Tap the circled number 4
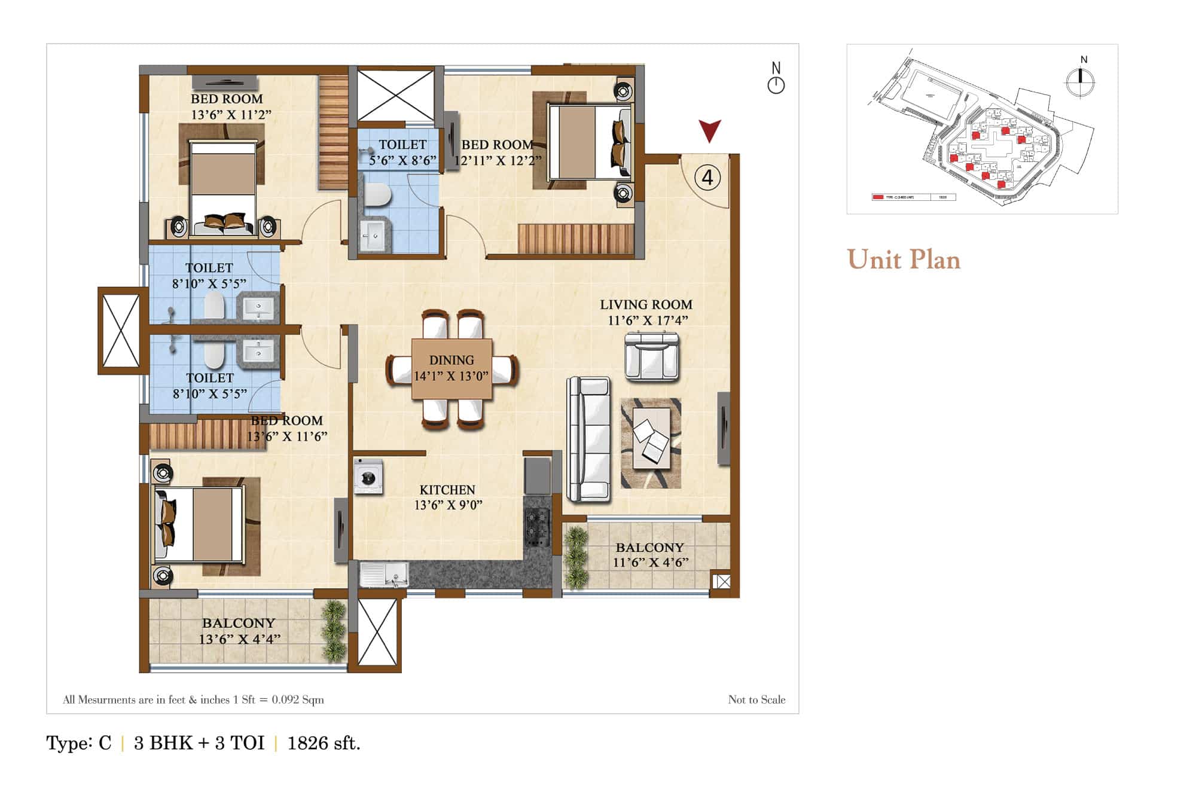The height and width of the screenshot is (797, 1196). point(707,178)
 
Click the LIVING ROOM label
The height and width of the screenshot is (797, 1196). point(646,305)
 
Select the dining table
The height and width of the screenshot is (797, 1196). point(451,369)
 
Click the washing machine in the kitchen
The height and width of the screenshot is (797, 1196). point(368,477)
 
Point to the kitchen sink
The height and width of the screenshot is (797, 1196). point(383,575)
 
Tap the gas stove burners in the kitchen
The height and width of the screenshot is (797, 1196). point(536,526)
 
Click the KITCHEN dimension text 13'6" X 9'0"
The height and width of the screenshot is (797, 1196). point(448,505)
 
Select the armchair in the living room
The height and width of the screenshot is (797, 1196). point(652,358)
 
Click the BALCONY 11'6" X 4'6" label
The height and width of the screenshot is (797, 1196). point(650,555)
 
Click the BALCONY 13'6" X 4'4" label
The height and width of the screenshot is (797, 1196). point(239,631)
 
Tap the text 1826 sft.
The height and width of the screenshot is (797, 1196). point(324,743)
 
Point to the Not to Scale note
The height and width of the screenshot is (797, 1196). point(756,700)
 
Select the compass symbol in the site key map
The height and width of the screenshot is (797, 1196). point(1080,79)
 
